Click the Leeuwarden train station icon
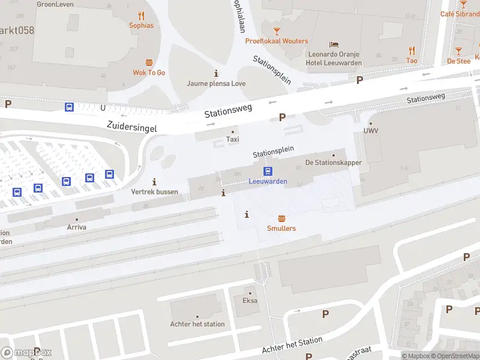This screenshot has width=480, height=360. tap(268, 171)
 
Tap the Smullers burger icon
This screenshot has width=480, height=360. tap(281, 218)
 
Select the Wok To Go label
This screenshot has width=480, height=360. tap(149, 73)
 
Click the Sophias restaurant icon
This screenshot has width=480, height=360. tap(142, 16)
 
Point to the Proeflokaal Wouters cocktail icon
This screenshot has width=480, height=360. tap(277, 31)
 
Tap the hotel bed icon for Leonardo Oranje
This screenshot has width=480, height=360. tap(334, 45)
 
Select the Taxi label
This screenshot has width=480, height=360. tap(232, 139)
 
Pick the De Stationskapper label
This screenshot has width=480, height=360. tap(334, 163)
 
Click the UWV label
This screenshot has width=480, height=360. tap(370, 131)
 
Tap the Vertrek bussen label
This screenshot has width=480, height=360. tap(154, 191)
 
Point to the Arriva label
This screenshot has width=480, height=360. tap(76, 228)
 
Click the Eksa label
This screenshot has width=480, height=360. tap(250, 301)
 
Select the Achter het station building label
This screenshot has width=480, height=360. tap(197, 324)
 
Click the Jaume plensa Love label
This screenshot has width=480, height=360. tap(216, 83)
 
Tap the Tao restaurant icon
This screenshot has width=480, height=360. tap(412, 50)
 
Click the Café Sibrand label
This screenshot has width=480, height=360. tap(461, 14)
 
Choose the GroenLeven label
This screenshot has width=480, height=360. tap(55, 4)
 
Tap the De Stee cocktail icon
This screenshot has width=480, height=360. tap(458, 51)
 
